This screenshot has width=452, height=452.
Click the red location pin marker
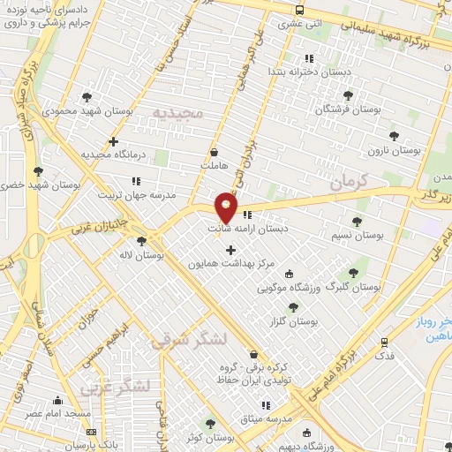coord(227,208)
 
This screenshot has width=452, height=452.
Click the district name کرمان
coord(348,183)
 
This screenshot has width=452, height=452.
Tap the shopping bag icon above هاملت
coord(215,151)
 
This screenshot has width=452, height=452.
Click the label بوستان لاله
coord(141,255)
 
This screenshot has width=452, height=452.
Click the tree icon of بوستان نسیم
coord(357,222)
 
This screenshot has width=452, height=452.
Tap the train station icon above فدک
coord(384,342)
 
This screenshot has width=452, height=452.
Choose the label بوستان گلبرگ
coord(353,287)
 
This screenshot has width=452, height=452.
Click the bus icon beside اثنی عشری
coord(300,10)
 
